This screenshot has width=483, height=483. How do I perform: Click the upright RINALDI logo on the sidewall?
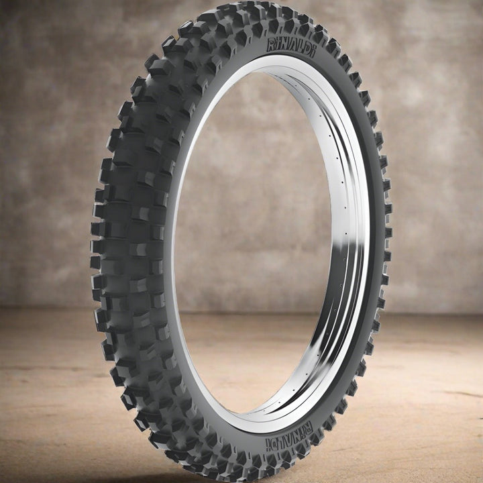pos(291,48)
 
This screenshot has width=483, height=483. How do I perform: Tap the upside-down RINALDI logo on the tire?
pos(289,437)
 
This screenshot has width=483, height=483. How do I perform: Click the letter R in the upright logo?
pos(272,45)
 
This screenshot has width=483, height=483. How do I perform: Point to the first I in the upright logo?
pos(279,45)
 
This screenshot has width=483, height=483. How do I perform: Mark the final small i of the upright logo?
pos(313,53)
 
